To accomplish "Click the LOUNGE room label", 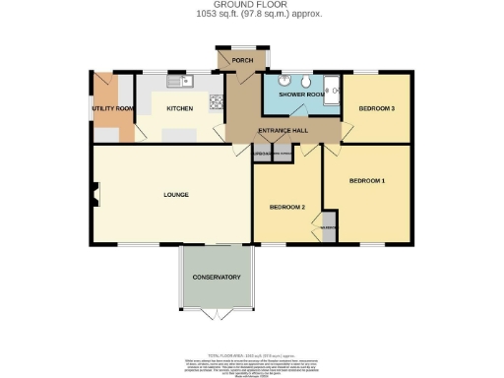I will point(175,195).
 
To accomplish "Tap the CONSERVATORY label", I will point(217,278).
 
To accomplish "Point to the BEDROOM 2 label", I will point(288,207).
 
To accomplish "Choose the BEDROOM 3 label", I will point(376,108).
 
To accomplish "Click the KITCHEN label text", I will point(179,108).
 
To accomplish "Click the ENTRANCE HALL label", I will point(283,131).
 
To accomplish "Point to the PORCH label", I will point(242,61).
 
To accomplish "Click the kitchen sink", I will point(177,80).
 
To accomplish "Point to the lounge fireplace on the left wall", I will point(94,195).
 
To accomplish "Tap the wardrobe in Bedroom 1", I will point(329,225).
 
